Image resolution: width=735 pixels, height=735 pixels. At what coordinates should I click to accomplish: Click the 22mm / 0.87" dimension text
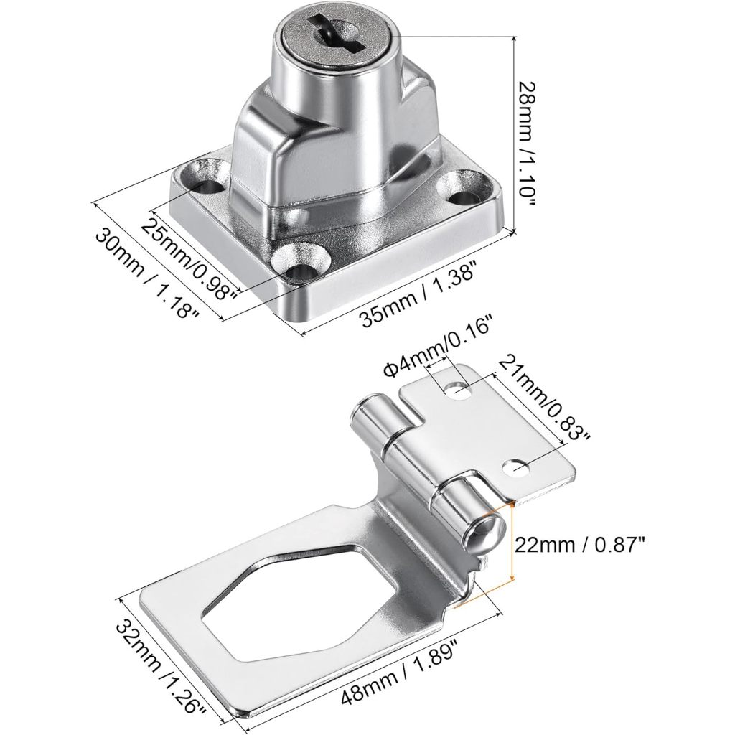tap(580, 546)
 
